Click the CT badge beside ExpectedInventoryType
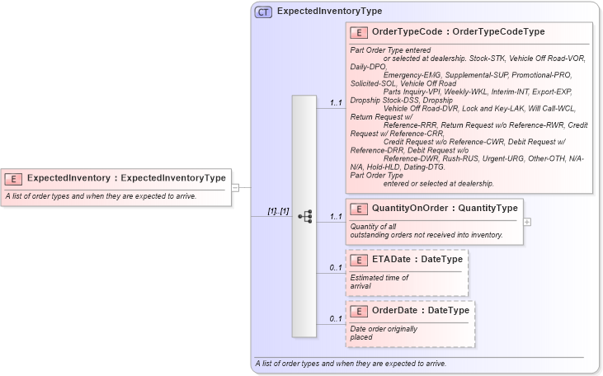pyautogui.click(x=264, y=12)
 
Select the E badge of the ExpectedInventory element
pyautogui.click(x=13, y=178)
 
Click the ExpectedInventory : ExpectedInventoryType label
pyautogui.click(x=126, y=178)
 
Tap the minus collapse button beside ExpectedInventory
pyautogui.click(x=235, y=187)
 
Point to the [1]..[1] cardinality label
pyautogui.click(x=278, y=211)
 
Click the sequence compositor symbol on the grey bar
pyautogui.click(x=304, y=217)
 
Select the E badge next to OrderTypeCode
pyautogui.click(x=359, y=32)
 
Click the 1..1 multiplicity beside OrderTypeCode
pyautogui.click(x=336, y=103)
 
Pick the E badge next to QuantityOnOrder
pyautogui.click(x=359, y=209)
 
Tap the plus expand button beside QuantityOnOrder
pyautogui.click(x=527, y=222)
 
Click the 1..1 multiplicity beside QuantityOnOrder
pyautogui.click(x=336, y=217)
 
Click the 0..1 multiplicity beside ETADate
pyautogui.click(x=336, y=267)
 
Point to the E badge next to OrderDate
pyautogui.click(x=359, y=311)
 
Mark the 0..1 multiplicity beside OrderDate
pyautogui.click(x=336, y=318)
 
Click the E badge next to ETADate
pyautogui.click(x=359, y=260)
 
